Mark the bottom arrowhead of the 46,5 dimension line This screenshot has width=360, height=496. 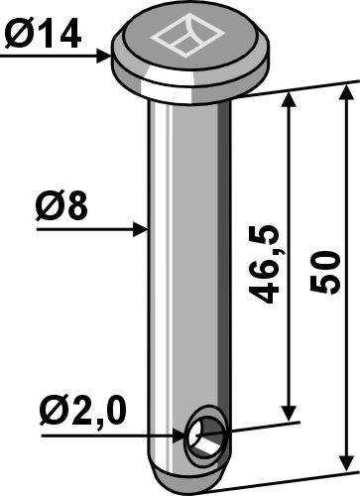[291, 415]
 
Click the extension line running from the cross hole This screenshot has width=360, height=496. [263, 425]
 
